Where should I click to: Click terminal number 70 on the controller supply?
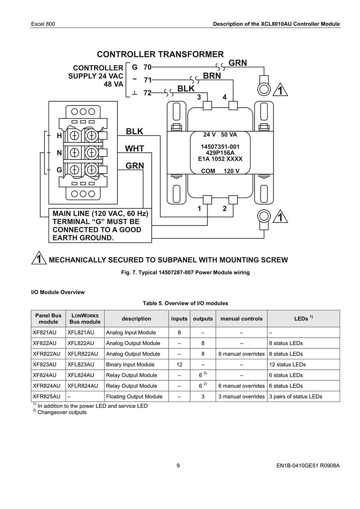coord(147,67)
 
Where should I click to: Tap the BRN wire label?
coord(212,76)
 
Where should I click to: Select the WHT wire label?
coord(135,149)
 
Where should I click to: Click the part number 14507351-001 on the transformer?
coord(220,147)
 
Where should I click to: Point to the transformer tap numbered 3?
coord(199,97)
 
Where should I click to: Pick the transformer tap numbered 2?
coord(225,208)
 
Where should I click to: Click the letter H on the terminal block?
coord(59,136)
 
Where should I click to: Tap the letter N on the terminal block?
coord(59,153)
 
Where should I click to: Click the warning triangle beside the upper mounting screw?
coord(280,90)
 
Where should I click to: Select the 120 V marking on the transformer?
coord(231,171)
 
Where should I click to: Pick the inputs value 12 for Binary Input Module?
coord(179,365)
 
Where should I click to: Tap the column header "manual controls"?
coord(241,319)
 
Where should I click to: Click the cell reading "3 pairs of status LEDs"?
coord(295,397)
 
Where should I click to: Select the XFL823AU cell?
coord(81,365)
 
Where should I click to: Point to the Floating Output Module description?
coord(134,397)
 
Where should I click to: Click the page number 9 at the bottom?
coord(178,465)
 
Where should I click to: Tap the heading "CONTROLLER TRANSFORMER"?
coord(160,54)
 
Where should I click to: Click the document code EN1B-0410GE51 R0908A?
coord(308,465)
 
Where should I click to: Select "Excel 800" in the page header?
coord(43,24)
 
